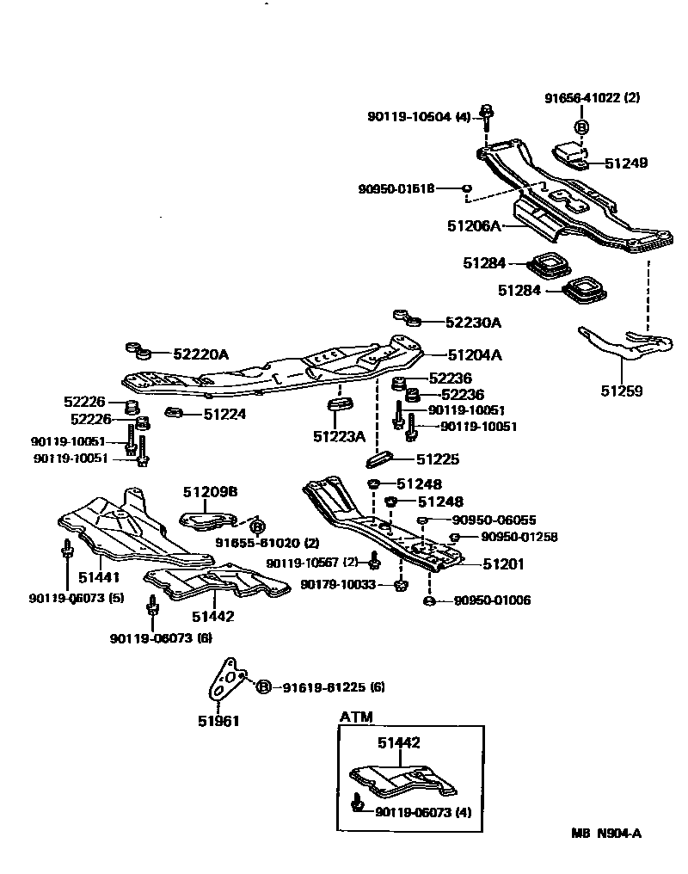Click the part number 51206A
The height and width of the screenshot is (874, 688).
point(473,225)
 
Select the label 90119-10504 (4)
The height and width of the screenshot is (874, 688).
point(421,116)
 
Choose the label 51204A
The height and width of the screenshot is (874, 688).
point(474,354)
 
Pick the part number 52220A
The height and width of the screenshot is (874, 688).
point(201,354)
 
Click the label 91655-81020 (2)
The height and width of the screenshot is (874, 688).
point(267,543)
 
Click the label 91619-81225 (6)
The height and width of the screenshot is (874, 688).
point(329,686)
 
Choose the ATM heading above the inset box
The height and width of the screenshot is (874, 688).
point(356,717)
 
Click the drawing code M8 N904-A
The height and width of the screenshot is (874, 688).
point(607,833)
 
